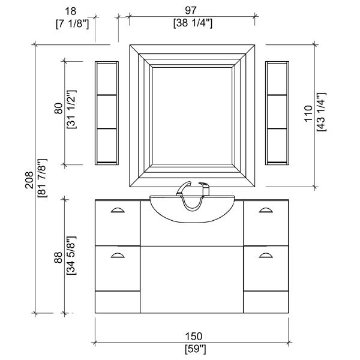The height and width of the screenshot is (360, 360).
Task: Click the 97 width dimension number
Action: (191, 10)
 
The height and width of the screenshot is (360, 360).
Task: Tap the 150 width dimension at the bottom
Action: (194, 337)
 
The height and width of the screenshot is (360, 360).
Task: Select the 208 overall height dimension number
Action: (29, 180)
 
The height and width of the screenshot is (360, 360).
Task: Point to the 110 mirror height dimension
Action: (308, 113)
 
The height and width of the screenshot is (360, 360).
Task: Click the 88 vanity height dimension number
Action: (58, 257)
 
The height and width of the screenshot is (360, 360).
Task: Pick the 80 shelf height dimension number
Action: (58, 109)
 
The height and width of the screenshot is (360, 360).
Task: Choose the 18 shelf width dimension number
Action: (70, 11)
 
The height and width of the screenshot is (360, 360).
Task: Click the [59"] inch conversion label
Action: (196, 349)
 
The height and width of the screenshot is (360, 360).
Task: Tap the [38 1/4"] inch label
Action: (193, 23)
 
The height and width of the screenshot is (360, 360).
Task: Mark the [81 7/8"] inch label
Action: (42, 178)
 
